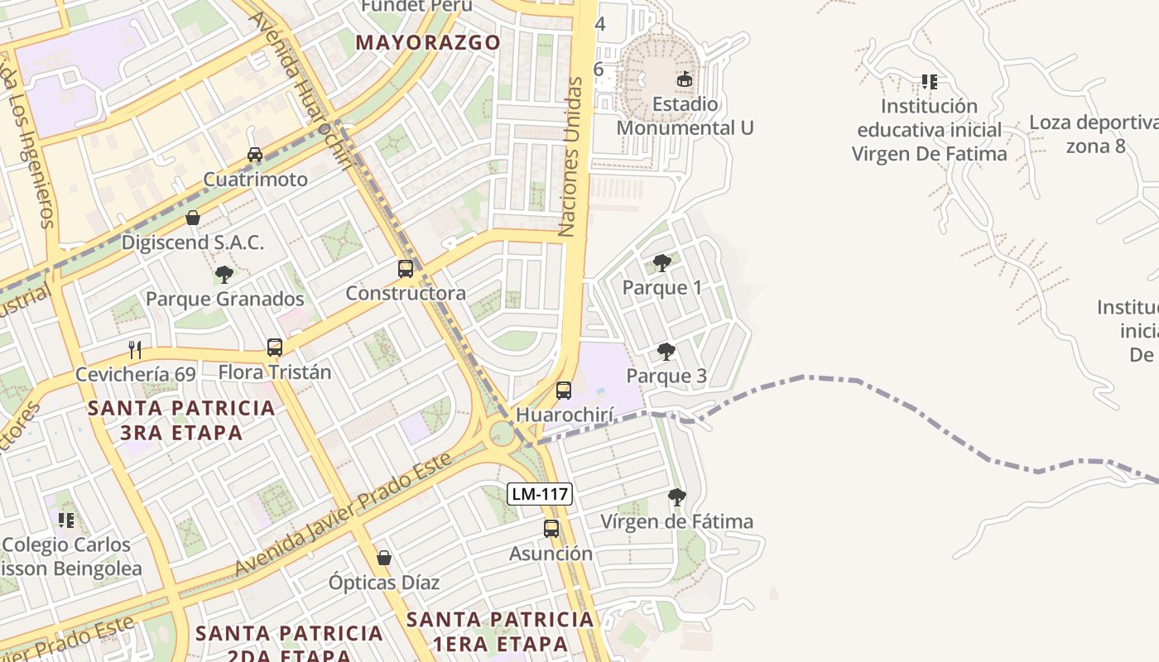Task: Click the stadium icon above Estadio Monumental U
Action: point(684,79)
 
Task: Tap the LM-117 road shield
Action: point(540,494)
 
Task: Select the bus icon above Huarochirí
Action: point(564,390)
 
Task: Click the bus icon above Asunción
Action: point(551,528)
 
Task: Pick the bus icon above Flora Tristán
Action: point(275,348)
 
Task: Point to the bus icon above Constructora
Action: point(406,268)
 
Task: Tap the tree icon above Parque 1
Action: point(661,263)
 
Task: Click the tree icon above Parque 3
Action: point(666,352)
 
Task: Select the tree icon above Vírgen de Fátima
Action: point(677,496)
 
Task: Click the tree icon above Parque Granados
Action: point(224,274)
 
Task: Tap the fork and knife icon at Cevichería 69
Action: point(136,349)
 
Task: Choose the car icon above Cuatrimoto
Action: point(255,155)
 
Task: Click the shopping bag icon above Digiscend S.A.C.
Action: point(193,218)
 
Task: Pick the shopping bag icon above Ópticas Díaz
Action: point(384,558)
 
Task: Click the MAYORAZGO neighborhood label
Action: point(428,42)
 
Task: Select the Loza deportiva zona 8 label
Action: point(1093,134)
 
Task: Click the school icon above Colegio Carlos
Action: point(66,520)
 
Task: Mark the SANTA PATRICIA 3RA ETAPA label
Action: point(181,420)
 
